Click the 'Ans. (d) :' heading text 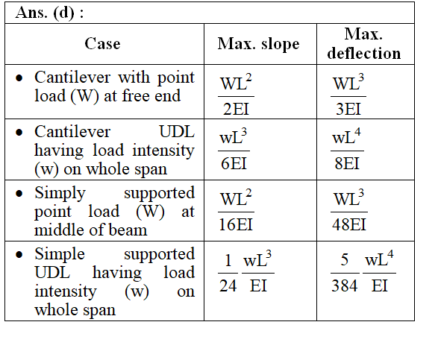point(49,13)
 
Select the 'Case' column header point(102,44)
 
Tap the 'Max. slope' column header point(258,44)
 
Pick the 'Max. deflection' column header point(364,43)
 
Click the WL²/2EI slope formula point(236,95)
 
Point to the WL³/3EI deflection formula point(348,95)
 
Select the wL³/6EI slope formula point(234,149)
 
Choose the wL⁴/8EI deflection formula point(347,149)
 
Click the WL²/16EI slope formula point(236,210)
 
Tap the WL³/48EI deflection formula point(349,210)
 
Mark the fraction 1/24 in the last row point(228,273)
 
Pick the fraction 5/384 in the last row point(345,273)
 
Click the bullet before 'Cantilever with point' point(19,78)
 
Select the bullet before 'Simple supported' point(19,254)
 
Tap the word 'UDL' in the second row point(177,132)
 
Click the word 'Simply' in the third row point(60,193)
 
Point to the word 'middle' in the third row point(58,230)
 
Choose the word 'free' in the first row point(136,95)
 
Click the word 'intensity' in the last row point(66,291)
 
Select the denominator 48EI point(349,224)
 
